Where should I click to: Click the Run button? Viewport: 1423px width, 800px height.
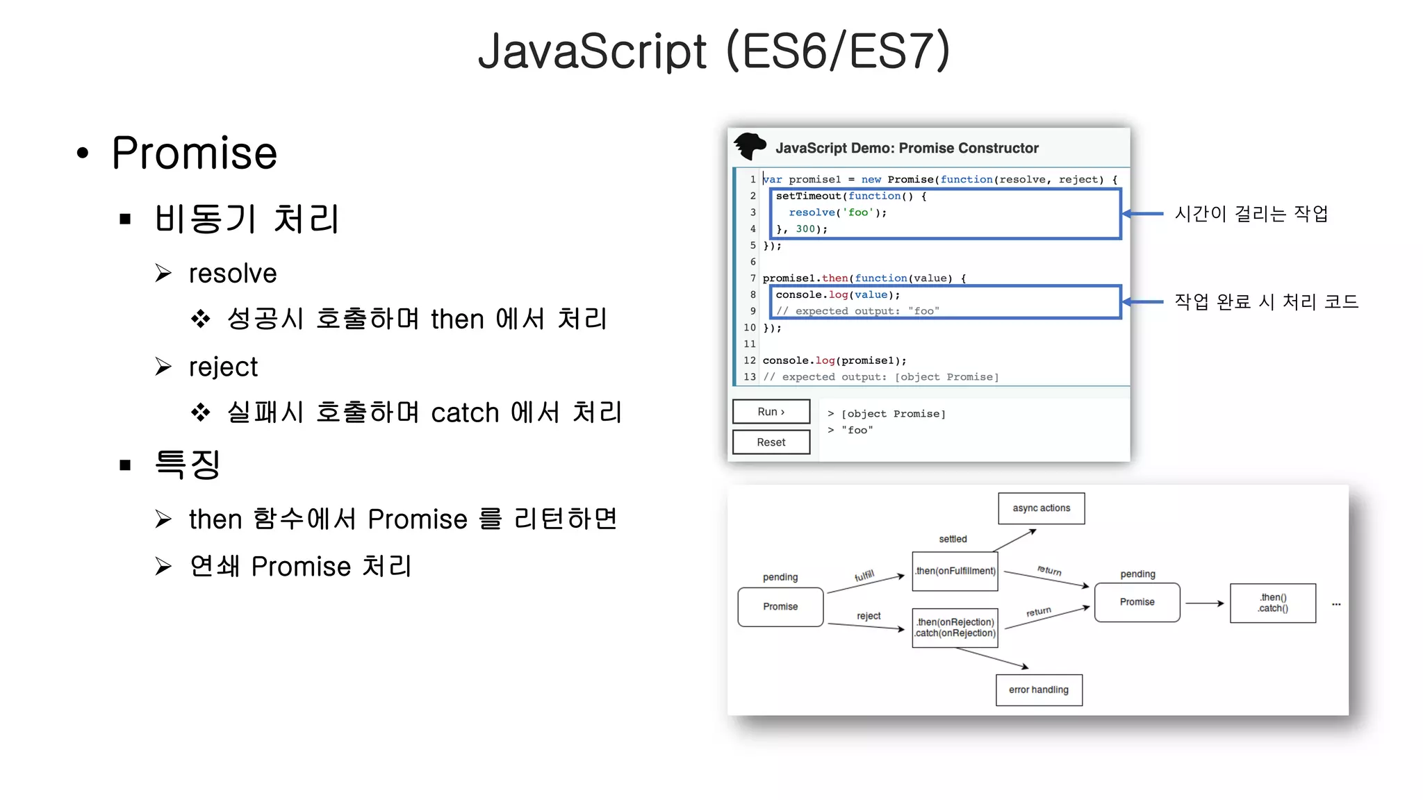click(771, 412)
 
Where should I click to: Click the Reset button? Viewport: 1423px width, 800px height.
click(771, 442)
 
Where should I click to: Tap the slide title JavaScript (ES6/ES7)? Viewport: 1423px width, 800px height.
click(714, 51)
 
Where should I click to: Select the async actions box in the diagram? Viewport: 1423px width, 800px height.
click(1041, 508)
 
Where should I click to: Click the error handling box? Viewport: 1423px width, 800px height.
click(1039, 690)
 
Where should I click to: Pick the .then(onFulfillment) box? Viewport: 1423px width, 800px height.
click(955, 571)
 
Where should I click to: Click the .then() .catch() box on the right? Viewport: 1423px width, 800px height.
click(1272, 603)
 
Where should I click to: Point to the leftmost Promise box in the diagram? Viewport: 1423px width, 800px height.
click(780, 607)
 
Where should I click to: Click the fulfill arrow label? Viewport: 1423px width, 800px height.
click(864, 576)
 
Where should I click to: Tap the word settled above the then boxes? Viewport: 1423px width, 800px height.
click(953, 539)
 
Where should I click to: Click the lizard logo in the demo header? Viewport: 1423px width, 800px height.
click(750, 147)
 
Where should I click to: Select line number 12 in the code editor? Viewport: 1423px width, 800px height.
click(750, 360)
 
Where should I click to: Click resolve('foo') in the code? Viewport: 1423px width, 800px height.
click(837, 212)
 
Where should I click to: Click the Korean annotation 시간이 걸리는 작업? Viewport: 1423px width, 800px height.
click(1251, 213)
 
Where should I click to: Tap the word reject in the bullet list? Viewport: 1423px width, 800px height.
click(223, 367)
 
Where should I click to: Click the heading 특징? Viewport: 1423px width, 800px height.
click(187, 464)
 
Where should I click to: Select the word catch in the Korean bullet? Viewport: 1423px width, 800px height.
click(465, 413)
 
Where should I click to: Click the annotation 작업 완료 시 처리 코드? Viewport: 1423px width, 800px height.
click(1266, 301)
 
